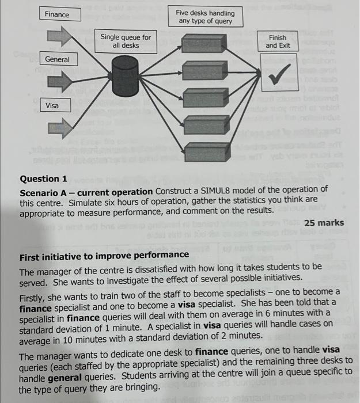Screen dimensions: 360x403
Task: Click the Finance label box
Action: point(57,14)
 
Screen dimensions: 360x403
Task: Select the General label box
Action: point(57,59)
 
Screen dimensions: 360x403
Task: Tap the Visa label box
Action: point(53,105)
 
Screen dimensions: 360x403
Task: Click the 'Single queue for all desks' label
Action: point(125,41)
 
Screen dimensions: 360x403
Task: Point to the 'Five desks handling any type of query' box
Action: point(206,17)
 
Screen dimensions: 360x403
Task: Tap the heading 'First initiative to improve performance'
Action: point(104,254)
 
